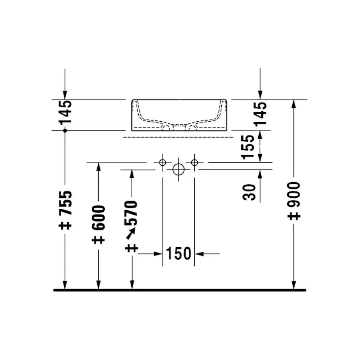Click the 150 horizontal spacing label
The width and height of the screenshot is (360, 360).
tap(178, 253)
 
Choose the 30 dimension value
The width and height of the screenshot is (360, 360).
tap(249, 191)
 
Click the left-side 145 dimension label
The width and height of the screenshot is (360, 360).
tap(65, 111)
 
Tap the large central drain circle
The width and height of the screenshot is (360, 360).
tap(178, 170)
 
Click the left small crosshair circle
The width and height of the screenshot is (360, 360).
tap(163, 163)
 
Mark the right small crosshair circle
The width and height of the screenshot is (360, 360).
tap(194, 163)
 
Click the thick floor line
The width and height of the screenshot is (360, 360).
tap(179, 290)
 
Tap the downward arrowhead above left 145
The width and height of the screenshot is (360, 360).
tap(65, 95)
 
